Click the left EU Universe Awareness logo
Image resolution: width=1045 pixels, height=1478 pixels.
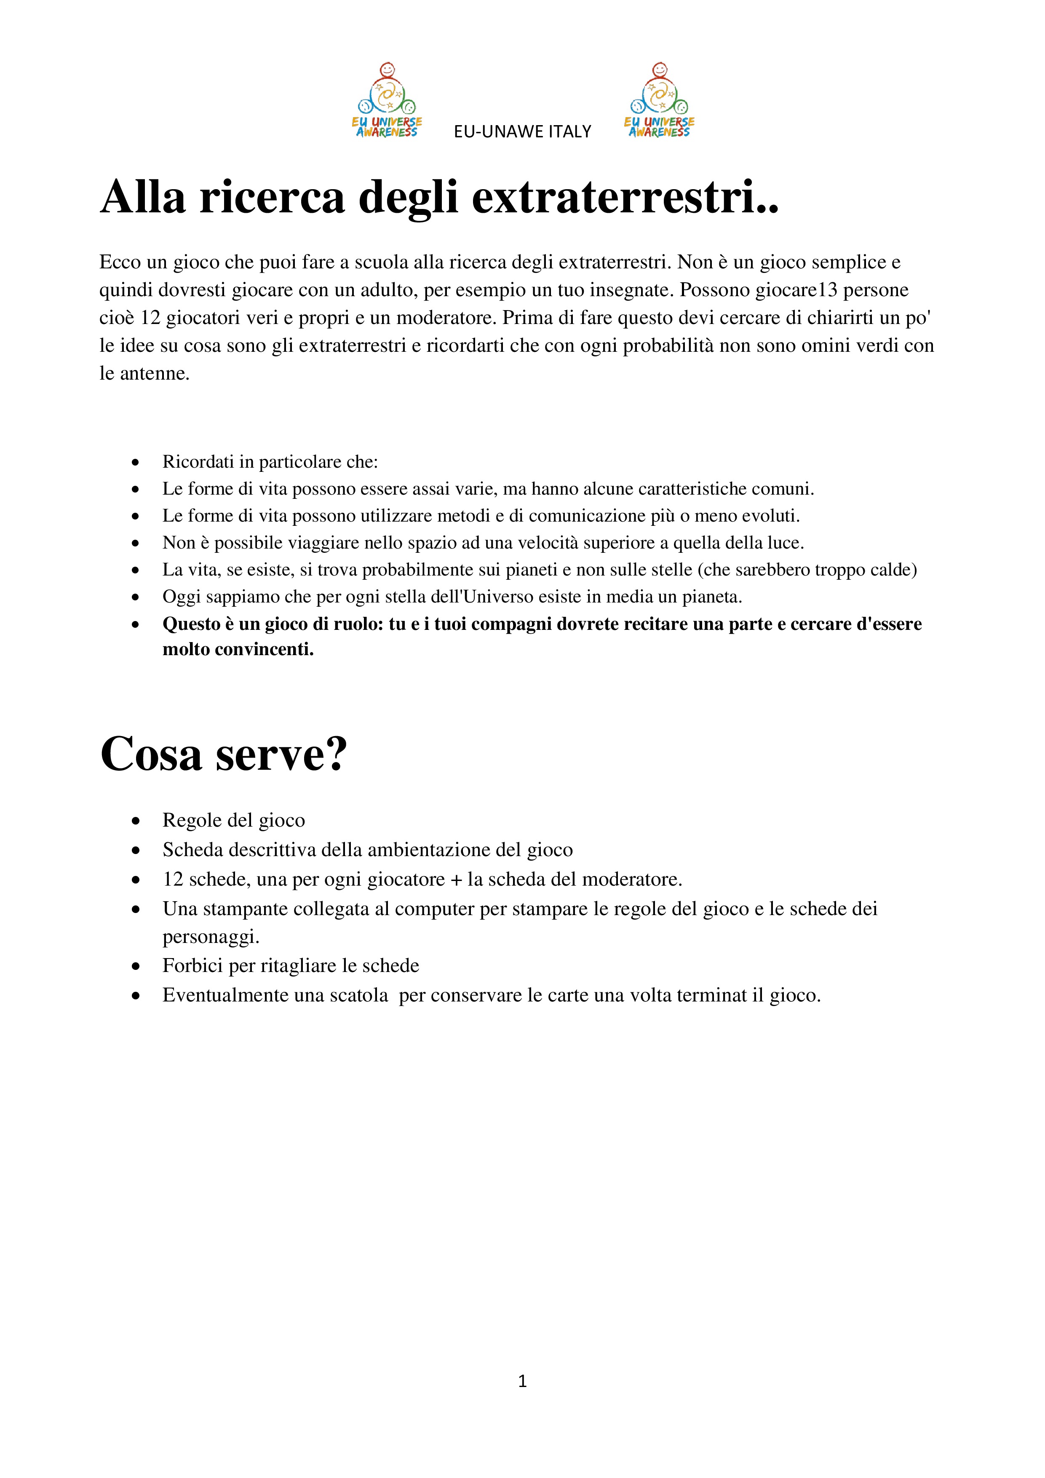coord(387,100)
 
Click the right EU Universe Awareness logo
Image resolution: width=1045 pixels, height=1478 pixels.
coord(659,100)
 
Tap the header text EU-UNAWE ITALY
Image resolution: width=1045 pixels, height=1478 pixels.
coord(522,132)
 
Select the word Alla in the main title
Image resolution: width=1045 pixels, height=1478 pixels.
coord(143,196)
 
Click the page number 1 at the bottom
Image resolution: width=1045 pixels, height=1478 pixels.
coord(522,1381)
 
